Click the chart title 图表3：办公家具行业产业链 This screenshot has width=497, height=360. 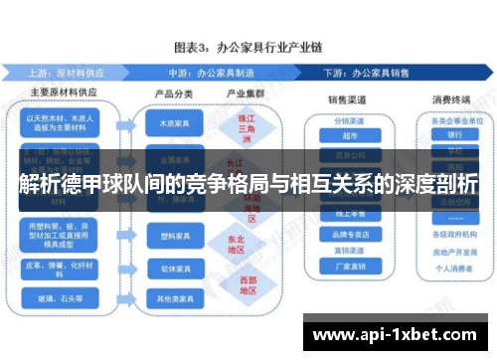coord(248,48)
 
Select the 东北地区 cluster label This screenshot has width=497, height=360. coord(236,244)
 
